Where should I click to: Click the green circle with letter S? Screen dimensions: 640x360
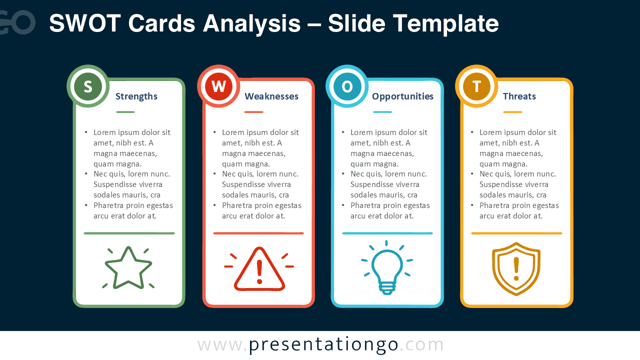point(88,86)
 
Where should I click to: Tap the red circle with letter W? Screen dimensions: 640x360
point(218,86)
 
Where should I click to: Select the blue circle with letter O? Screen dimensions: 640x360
point(347,86)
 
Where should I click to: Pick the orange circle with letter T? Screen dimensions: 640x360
point(476,86)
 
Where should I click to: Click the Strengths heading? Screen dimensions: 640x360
point(136,96)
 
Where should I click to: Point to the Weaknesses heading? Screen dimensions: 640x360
point(271,96)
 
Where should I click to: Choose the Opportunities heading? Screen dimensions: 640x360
point(402,96)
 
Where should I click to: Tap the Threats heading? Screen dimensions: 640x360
point(519,96)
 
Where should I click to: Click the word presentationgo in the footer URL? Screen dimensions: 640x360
point(323,345)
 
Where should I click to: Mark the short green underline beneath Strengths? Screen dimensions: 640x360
point(125,112)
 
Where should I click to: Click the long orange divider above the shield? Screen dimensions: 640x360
point(516,233)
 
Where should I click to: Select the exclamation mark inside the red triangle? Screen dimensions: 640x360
point(259,271)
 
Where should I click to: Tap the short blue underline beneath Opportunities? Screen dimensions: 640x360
point(382,112)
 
